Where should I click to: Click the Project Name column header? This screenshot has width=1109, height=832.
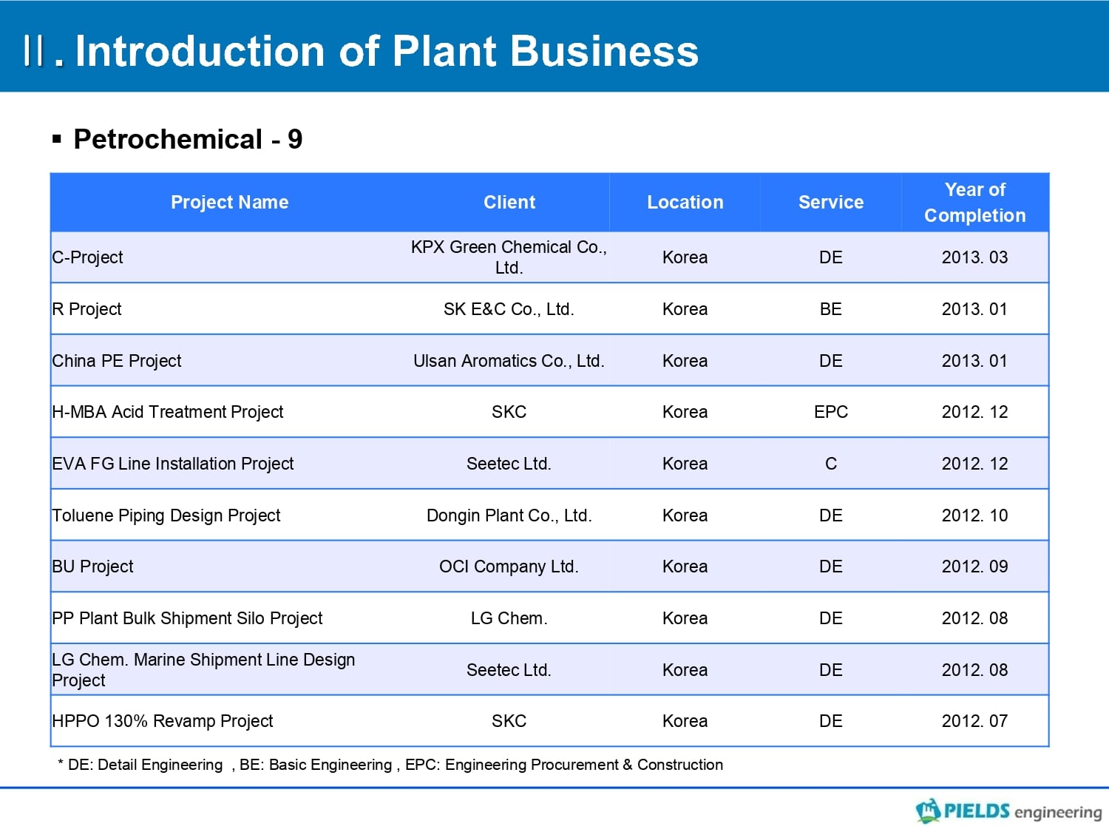pos(229,202)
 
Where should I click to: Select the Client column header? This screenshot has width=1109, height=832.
pos(509,202)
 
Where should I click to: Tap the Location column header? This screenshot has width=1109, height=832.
pos(685,202)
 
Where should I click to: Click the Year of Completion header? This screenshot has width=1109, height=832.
pos(974,202)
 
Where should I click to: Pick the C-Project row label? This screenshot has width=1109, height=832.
pos(87,257)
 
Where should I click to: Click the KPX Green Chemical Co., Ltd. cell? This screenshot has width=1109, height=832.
pos(509,257)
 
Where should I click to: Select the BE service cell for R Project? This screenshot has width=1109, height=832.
pos(830,308)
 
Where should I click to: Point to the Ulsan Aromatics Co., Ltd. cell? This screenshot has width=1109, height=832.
pos(509,361)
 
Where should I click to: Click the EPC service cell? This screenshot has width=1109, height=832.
pos(830,412)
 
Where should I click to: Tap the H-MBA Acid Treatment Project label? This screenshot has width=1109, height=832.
pos(168,412)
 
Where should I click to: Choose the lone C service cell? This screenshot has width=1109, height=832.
pos(830,463)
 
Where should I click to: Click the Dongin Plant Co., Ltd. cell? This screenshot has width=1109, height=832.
pos(509,515)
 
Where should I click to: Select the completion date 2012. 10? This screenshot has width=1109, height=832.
pos(974,515)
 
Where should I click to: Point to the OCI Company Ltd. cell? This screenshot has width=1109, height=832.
pos(509,566)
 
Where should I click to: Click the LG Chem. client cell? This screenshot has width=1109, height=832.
pos(509,618)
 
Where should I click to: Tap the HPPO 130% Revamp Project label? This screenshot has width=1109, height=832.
pos(162,721)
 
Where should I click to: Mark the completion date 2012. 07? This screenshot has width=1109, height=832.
pos(974,721)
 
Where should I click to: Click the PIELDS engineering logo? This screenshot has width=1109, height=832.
pos(1008,811)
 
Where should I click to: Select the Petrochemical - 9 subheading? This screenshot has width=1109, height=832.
pos(188,139)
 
